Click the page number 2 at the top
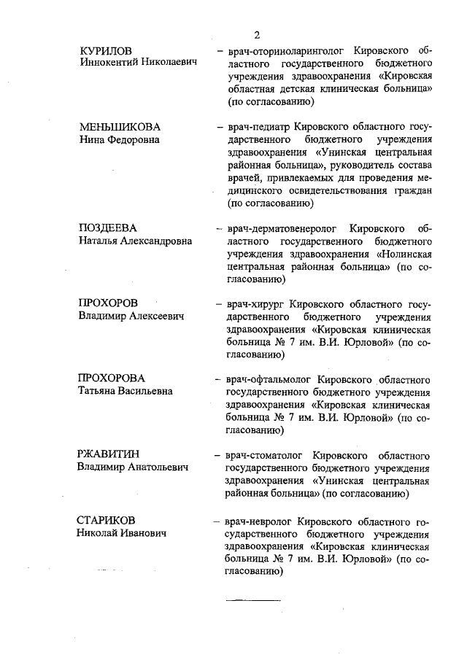coord(258,34)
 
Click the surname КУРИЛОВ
coord(107,51)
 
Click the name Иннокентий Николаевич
coord(139,64)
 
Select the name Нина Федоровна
coord(119,140)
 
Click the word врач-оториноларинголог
coord(281,52)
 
